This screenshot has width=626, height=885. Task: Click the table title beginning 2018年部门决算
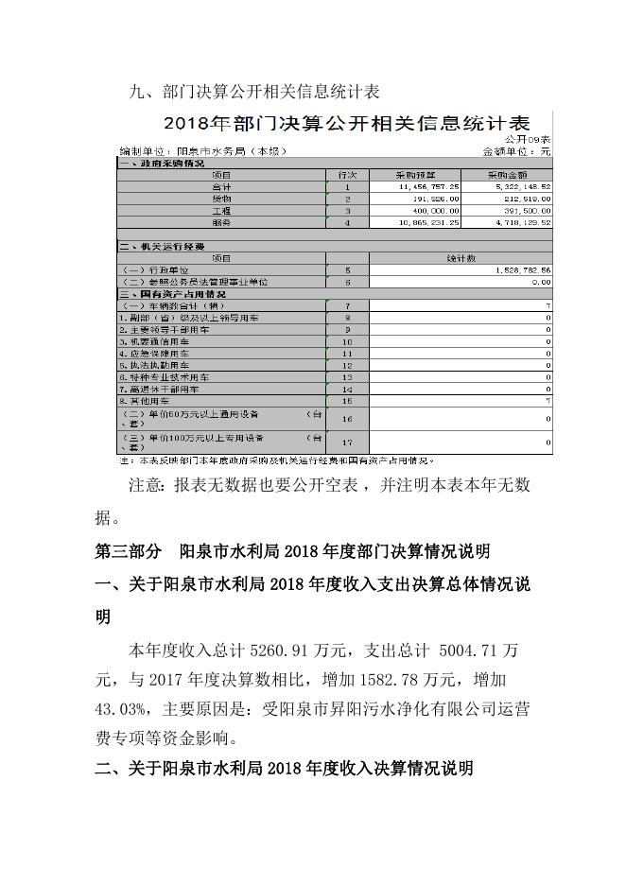pyautogui.click(x=346, y=122)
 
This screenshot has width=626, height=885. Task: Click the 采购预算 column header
pyautogui.click(x=414, y=176)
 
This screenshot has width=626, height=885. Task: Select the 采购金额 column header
pyautogui.click(x=507, y=176)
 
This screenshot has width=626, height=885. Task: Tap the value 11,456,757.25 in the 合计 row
pyautogui.click(x=427, y=188)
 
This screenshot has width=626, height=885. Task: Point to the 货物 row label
pyautogui.click(x=221, y=200)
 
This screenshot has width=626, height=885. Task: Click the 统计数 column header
pyautogui.click(x=461, y=258)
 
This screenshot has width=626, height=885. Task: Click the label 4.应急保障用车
pyautogui.click(x=157, y=353)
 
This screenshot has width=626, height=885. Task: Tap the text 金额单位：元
pyautogui.click(x=516, y=151)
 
